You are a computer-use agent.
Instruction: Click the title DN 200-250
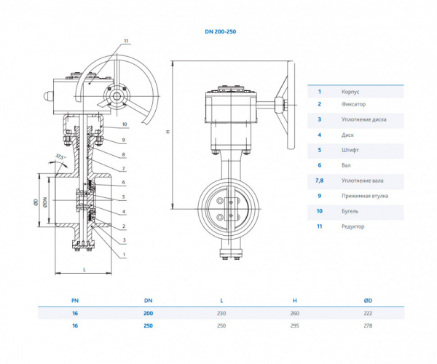(221, 31)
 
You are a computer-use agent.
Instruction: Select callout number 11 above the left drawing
(126, 41)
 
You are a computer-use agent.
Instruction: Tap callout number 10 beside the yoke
(125, 124)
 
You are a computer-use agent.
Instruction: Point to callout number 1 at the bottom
(124, 255)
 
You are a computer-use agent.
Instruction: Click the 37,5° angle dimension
(60, 157)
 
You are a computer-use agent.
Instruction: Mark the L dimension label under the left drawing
(84, 269)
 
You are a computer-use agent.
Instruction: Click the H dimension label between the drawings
(168, 131)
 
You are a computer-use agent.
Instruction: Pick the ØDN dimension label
(45, 202)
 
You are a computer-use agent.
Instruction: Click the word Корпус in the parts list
(350, 92)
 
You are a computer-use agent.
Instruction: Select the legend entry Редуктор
(353, 226)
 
